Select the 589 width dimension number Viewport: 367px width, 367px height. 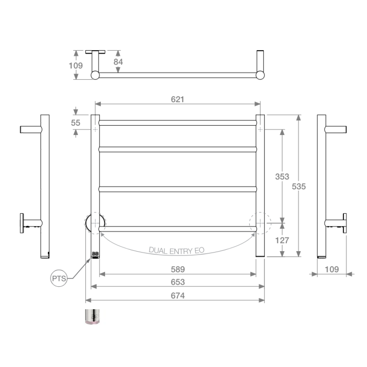click(x=177, y=269)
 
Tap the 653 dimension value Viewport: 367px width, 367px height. click(x=177, y=282)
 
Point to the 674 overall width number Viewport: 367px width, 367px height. click(x=177, y=296)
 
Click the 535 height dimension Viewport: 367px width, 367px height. click(x=299, y=186)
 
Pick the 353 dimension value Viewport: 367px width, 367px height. click(x=282, y=176)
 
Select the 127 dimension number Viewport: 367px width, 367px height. click(x=282, y=240)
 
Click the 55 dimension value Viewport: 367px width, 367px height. click(x=76, y=122)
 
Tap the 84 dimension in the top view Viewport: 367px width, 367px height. click(x=118, y=62)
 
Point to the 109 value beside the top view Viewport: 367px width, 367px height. click(x=76, y=65)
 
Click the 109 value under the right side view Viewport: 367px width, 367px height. click(x=332, y=269)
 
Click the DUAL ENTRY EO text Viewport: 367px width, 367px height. click(x=177, y=250)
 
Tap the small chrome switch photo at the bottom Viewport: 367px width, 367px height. click(x=92, y=317)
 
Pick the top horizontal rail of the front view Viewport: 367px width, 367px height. click(x=177, y=123)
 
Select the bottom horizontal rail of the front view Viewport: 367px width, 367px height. click(x=177, y=229)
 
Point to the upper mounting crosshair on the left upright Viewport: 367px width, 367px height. click(x=95, y=129)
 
